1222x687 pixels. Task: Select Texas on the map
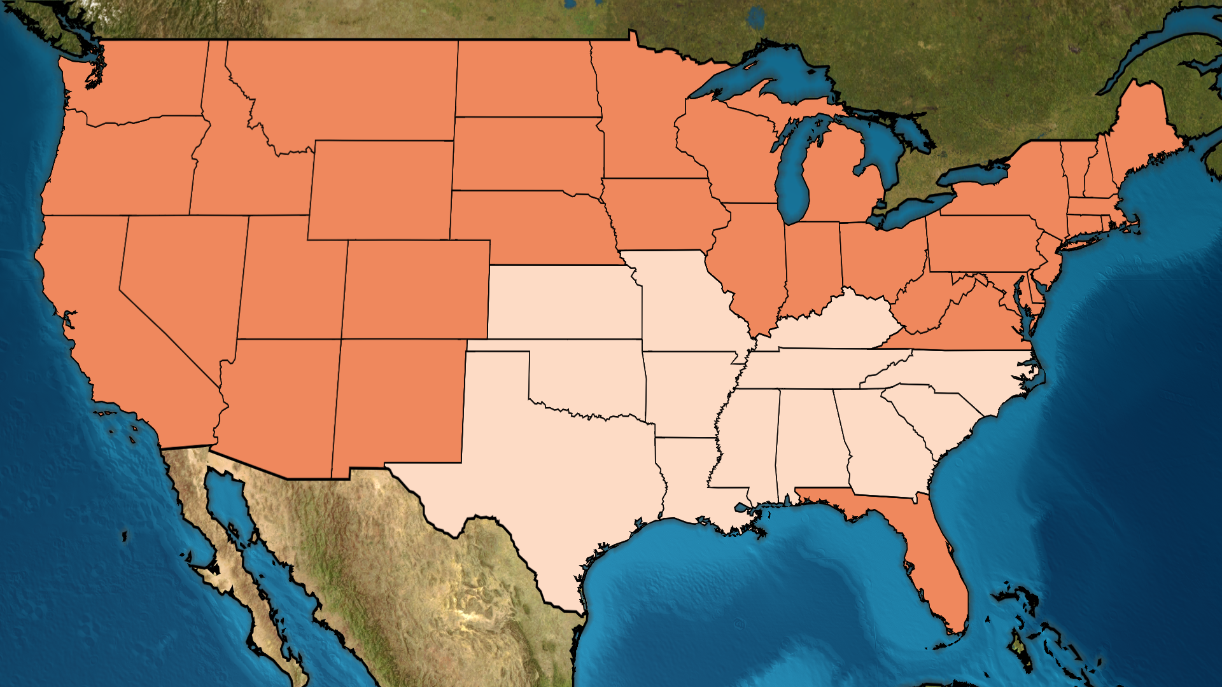pyautogui.click(x=560, y=471)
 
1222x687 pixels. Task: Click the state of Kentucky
pyautogui.click(x=827, y=324)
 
